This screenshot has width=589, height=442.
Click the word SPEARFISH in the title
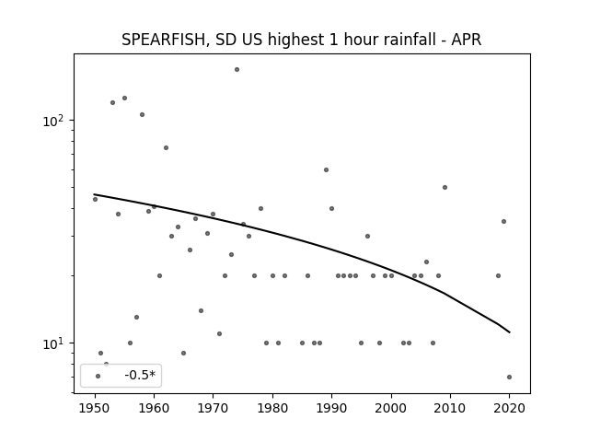(164, 40)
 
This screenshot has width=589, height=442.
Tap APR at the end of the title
(467, 40)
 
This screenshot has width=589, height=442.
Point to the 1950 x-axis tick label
(95, 408)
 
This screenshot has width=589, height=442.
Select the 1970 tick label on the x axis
(213, 408)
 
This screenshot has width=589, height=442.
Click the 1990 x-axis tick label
(331, 408)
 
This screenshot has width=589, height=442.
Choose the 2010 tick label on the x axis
(450, 408)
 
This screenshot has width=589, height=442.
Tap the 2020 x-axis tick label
(509, 408)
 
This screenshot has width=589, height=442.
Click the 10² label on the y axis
(55, 121)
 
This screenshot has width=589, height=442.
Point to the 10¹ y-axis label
(55, 343)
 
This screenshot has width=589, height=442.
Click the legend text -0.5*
(140, 375)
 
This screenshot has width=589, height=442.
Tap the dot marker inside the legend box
(98, 377)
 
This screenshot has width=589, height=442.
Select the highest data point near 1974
(237, 70)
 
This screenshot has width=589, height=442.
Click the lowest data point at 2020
(509, 377)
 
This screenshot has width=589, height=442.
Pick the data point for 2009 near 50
(445, 187)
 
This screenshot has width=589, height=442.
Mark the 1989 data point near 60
(326, 169)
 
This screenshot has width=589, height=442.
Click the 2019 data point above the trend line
(503, 221)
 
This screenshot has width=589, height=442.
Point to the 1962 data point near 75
(166, 147)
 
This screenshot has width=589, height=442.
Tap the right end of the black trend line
(509, 332)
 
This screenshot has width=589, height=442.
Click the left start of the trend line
(94, 194)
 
